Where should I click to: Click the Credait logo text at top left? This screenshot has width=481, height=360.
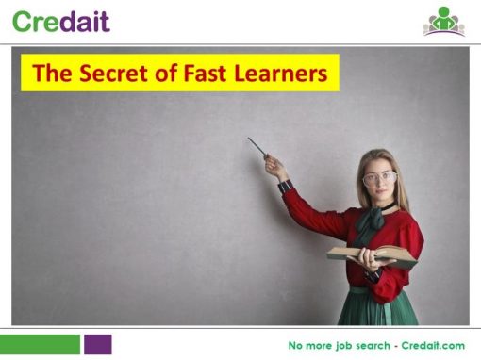click(x=61, y=21)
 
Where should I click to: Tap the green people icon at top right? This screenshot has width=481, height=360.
click(x=443, y=21)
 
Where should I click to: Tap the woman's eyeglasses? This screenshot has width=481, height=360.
click(x=379, y=177)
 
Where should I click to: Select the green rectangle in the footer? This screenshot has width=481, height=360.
click(x=40, y=344)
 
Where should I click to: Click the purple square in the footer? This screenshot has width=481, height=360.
click(x=97, y=344)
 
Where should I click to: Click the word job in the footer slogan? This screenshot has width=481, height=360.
click(x=344, y=346)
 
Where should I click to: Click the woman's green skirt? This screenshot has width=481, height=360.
click(x=377, y=306)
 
